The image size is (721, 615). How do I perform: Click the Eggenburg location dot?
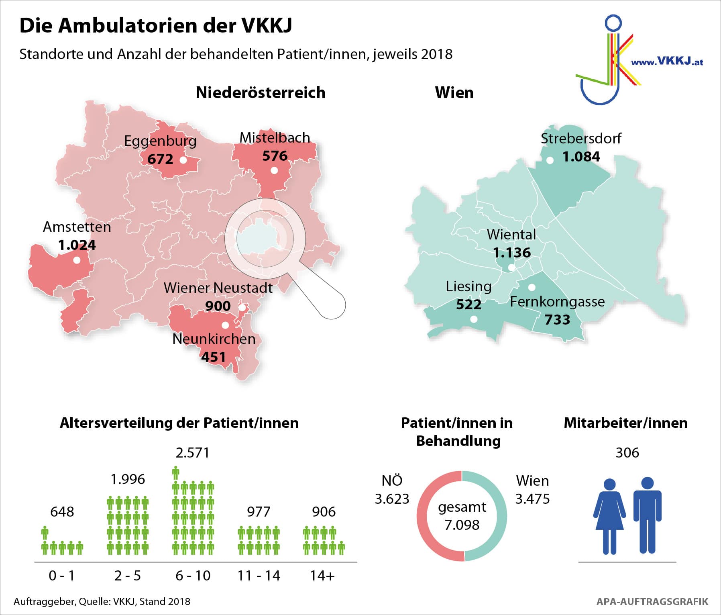tap(183, 160)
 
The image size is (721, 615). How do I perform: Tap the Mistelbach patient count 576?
tap(275, 156)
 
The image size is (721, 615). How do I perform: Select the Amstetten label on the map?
tap(77, 227)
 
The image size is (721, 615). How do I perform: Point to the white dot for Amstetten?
tap(77, 260)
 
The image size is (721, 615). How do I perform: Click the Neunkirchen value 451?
tap(214, 357)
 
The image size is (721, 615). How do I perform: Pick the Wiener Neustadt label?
tap(218, 288)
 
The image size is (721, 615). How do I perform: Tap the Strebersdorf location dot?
tap(550, 160)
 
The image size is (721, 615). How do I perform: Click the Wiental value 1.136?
tap(512, 253)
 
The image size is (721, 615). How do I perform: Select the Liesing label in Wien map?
tap(468, 286)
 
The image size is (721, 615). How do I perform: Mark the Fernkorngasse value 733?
tap(557, 320)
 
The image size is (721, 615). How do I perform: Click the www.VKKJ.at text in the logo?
tap(667, 61)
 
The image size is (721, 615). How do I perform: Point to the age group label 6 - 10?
tap(193, 576)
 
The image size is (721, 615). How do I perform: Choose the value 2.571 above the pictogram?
tap(193, 453)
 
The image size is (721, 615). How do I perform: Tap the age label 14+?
tap(322, 576)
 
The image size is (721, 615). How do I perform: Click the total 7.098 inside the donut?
tap(462, 525)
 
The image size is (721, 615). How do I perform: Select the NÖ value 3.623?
tap(392, 499)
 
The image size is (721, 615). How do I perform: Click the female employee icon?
tap(609, 516)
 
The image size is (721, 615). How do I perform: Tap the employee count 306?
tap(627, 453)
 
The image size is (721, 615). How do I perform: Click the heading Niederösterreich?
tap(261, 93)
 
